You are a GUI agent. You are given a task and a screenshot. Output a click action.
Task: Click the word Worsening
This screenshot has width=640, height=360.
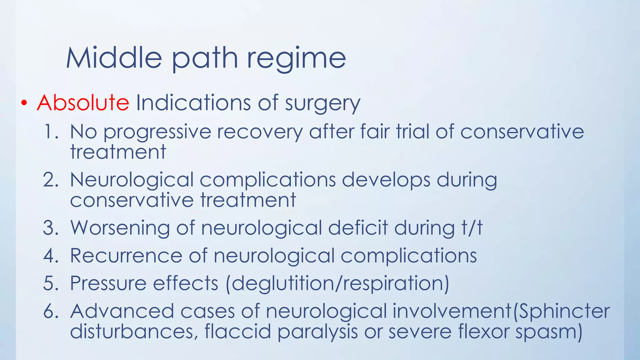tap(120, 228)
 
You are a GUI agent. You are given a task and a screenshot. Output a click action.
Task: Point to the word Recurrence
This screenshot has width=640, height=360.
tap(126, 256)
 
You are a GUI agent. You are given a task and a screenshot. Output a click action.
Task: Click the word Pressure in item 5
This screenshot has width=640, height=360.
tap(108, 283)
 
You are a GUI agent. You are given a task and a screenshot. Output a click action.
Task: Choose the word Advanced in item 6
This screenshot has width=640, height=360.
tap(122, 311)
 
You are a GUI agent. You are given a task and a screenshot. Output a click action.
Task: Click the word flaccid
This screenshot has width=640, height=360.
tap(238, 331)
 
